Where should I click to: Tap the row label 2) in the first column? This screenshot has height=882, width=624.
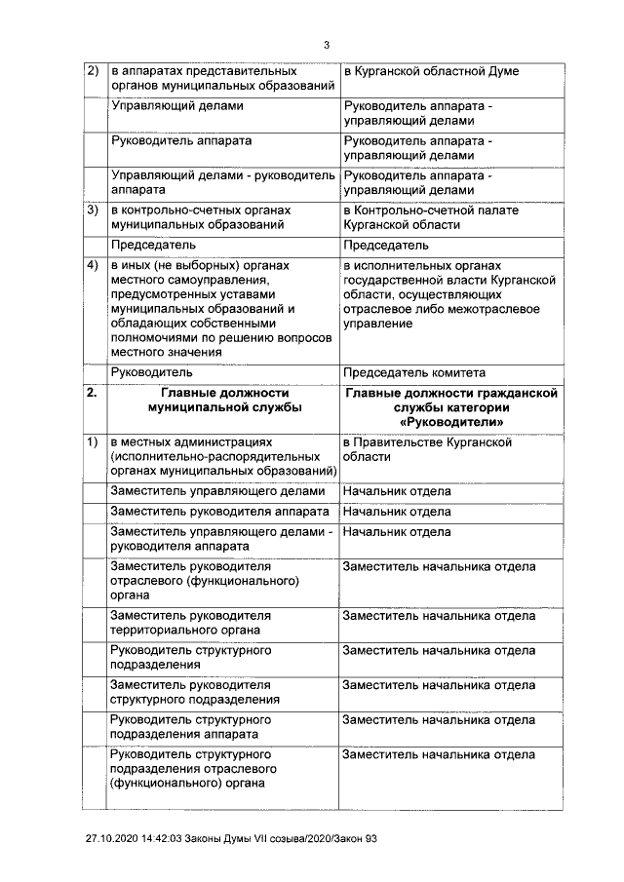pos(94,72)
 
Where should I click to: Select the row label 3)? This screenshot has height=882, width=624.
pos(94,211)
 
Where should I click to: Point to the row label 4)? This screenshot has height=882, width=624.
pos(94,265)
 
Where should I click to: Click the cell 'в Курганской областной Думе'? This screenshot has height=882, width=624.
pos(430,72)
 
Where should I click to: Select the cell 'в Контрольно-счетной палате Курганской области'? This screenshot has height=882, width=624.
pos(430,217)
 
